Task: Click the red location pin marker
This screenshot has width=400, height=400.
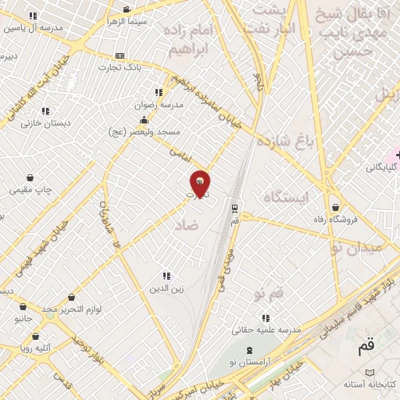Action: pyautogui.click(x=200, y=183)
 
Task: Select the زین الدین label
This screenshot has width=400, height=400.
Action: pyautogui.click(x=166, y=288)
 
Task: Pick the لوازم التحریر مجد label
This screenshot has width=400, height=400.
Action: pyautogui.click(x=72, y=309)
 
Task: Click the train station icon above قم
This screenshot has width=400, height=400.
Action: pyautogui.click(x=234, y=208)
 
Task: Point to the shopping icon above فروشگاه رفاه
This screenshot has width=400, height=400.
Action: pyautogui.click(x=335, y=208)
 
